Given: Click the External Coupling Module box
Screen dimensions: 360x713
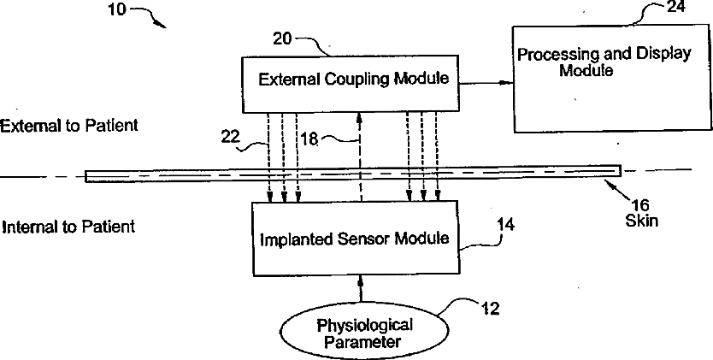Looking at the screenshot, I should (354, 80).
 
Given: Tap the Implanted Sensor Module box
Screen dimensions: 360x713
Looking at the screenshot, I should (354, 238).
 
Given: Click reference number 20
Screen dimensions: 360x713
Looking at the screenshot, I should (283, 38).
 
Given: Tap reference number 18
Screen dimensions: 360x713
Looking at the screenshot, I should (309, 139).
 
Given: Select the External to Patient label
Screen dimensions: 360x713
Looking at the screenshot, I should (69, 126).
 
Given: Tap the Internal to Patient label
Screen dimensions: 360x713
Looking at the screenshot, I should (68, 227).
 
